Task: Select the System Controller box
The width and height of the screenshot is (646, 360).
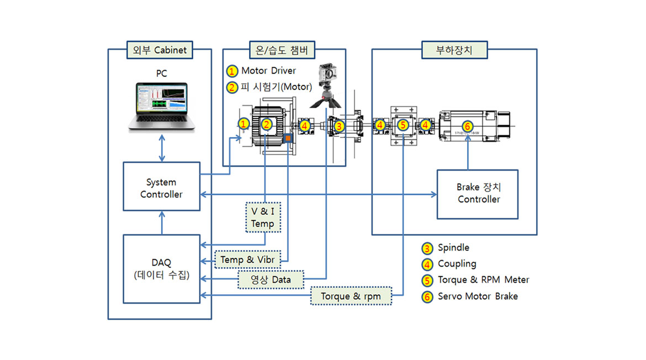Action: click(161, 187)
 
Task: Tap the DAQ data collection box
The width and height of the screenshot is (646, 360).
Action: click(161, 269)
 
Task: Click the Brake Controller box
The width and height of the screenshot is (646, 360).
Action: click(478, 194)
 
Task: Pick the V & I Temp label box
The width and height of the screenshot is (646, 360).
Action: click(262, 217)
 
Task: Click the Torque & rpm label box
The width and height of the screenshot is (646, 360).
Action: click(351, 297)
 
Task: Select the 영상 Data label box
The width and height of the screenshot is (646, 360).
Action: click(272, 279)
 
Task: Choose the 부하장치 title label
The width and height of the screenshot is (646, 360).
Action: click(454, 50)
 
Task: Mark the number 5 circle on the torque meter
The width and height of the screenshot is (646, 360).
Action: click(403, 126)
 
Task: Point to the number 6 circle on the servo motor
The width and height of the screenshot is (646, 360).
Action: click(467, 126)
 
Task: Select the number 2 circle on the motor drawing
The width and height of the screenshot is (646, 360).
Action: click(266, 125)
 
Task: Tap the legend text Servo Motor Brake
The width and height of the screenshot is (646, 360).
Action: click(478, 296)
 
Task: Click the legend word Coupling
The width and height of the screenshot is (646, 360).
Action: click(457, 264)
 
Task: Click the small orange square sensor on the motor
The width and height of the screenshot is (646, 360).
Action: click(287, 137)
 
